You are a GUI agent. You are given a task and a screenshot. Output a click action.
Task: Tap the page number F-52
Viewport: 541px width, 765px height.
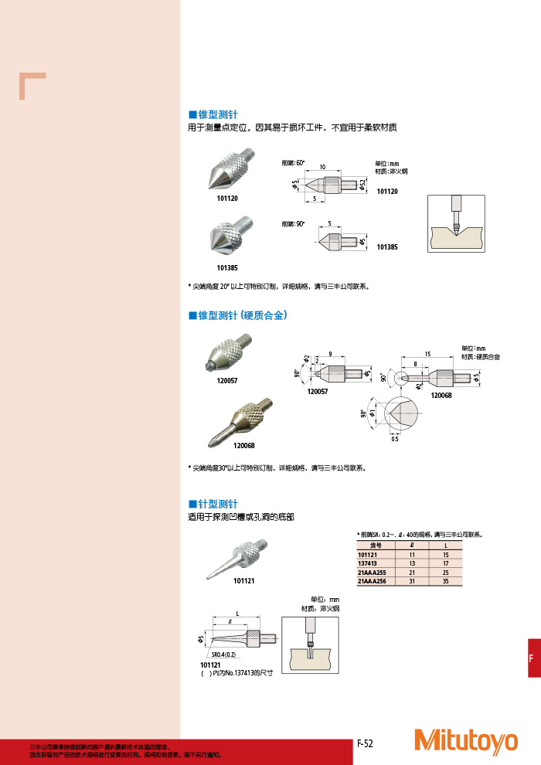[x=365, y=743]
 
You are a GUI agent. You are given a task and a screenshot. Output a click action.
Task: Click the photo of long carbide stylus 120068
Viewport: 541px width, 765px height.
[x=239, y=422]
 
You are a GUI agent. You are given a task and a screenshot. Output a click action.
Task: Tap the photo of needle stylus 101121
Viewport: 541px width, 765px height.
[x=236, y=559]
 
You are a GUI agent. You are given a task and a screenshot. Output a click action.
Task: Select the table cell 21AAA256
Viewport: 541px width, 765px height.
[x=372, y=581]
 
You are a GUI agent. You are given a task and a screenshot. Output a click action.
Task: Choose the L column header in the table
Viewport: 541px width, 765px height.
[x=445, y=546]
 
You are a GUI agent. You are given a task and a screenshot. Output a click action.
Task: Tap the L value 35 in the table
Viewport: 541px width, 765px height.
[x=445, y=581]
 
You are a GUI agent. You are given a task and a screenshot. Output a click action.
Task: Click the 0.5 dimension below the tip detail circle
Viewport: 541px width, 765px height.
[x=394, y=439]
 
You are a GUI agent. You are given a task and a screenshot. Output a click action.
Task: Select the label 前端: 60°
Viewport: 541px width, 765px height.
[x=294, y=163]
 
